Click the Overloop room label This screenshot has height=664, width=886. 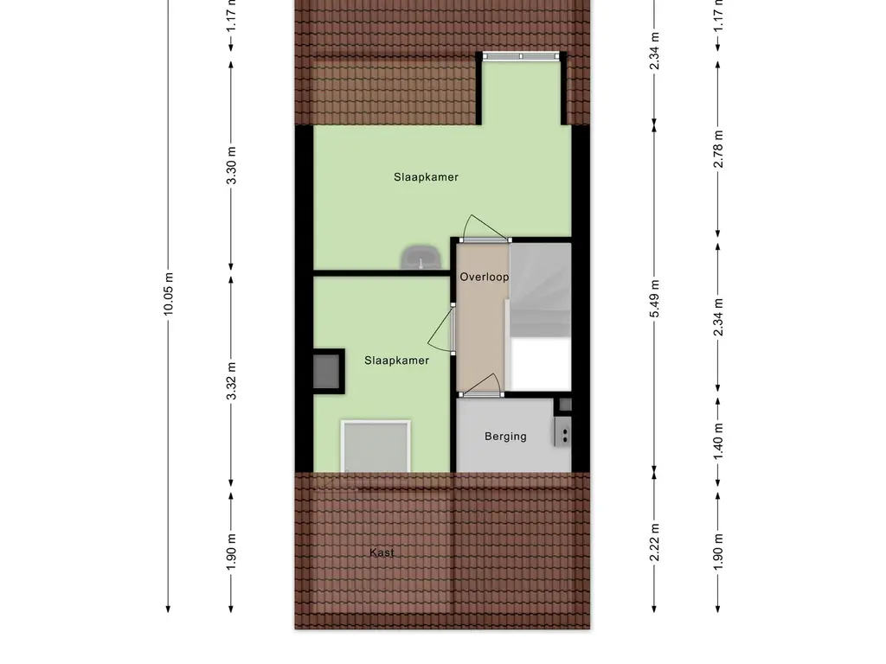(x=485, y=277)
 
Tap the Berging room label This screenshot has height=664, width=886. (x=505, y=437)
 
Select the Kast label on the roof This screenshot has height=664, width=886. (x=382, y=552)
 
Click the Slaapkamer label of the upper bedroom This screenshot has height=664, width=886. (x=426, y=177)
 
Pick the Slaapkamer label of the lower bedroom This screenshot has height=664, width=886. (x=396, y=361)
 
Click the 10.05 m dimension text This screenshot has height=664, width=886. (x=169, y=294)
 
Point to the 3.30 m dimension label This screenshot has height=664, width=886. (x=231, y=165)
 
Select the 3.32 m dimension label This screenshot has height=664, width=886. (x=231, y=381)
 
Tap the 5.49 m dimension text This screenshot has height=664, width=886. (x=654, y=298)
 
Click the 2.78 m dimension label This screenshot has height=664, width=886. (x=718, y=149)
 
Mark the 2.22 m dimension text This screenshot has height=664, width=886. (x=654, y=543)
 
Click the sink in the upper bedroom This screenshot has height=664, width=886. (x=421, y=258)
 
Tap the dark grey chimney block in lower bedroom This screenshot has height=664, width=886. (x=328, y=371)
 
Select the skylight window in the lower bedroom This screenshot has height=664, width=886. (x=376, y=446)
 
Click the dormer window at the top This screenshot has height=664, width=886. (x=520, y=56)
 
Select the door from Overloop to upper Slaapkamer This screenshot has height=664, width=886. (x=485, y=229)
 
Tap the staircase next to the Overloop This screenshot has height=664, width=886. (x=541, y=316)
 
